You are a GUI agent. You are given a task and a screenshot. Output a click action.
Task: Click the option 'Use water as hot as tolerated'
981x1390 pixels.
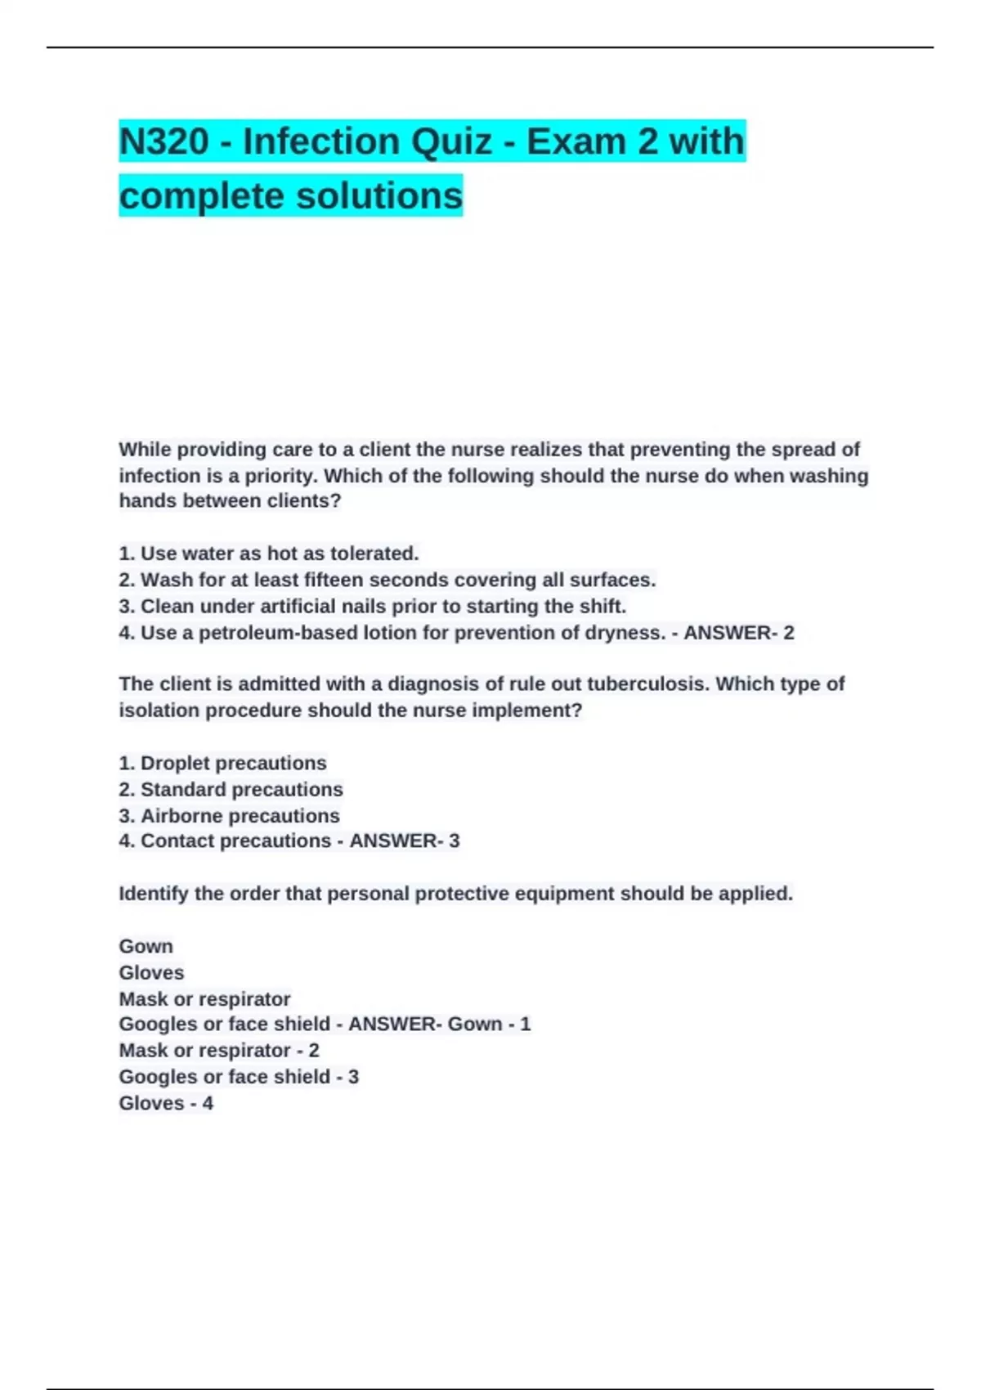[269, 554]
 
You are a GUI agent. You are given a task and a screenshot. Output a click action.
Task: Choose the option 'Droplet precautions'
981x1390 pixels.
[222, 763]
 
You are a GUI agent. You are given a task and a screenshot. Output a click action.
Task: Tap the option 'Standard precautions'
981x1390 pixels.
[231, 789]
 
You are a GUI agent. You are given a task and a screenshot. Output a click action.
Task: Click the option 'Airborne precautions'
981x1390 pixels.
[229, 815]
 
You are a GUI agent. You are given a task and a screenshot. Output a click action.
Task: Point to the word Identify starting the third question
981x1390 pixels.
[154, 893]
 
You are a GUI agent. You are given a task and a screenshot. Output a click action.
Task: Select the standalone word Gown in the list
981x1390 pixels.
[146, 946]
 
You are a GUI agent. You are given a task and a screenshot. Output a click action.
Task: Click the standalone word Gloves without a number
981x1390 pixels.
[151, 972]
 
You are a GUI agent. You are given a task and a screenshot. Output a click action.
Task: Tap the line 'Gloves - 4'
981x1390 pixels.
[166, 1103]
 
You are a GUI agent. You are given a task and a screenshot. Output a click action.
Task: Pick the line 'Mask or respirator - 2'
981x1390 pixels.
[219, 1050]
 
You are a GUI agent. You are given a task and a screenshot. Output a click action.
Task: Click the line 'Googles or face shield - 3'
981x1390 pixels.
[239, 1076]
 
